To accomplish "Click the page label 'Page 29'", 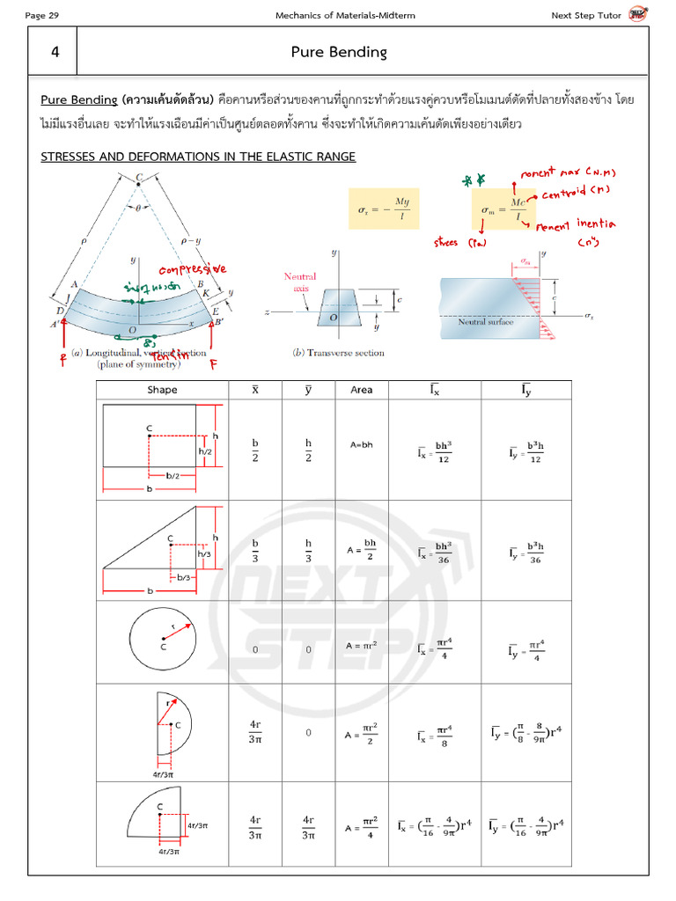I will (x=44, y=15).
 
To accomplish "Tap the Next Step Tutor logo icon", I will (x=636, y=14).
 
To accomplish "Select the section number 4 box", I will (x=55, y=52).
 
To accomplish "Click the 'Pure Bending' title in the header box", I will (x=339, y=52).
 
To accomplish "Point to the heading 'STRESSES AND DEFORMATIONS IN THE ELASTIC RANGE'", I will (x=198, y=157).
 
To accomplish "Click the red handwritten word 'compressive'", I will (x=192, y=269).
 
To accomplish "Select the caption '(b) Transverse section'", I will (x=338, y=353).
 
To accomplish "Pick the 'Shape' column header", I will (x=162, y=390).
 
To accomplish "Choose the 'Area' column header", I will (x=361, y=390).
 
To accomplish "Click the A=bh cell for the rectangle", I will (x=360, y=444).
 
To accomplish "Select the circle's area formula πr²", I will (x=362, y=645).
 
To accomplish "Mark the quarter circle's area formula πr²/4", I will (x=362, y=826).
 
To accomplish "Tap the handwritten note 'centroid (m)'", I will (x=575, y=191).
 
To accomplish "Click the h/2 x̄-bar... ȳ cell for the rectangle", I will (x=308, y=450).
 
